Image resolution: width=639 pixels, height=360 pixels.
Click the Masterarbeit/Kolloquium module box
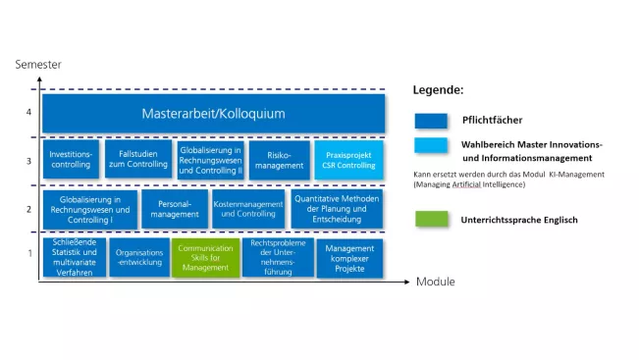point(213,113)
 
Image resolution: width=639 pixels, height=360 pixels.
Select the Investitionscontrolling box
point(70,160)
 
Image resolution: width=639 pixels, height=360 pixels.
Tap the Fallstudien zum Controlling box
point(137,160)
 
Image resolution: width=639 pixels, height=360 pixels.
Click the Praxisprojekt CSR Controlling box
point(348,160)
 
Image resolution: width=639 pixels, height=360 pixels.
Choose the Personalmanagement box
point(173,208)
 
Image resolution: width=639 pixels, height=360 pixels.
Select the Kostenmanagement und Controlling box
point(244,208)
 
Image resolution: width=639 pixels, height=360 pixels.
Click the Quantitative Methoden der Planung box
point(337,208)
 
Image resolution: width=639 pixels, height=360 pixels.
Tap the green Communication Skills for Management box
point(205,258)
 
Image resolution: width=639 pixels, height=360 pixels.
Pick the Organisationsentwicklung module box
point(138,258)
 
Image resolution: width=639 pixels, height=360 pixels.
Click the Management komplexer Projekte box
point(349,258)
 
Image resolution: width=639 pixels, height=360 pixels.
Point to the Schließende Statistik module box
point(74,258)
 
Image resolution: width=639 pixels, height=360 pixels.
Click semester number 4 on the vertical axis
point(29,112)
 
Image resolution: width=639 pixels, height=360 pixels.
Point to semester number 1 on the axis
point(29,254)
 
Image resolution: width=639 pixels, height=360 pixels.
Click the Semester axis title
point(38,65)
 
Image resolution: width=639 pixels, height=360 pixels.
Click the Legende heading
point(438,90)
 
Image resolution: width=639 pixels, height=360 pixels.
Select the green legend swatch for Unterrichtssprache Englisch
point(431,220)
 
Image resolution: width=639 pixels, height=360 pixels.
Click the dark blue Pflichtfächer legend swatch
point(431,121)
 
